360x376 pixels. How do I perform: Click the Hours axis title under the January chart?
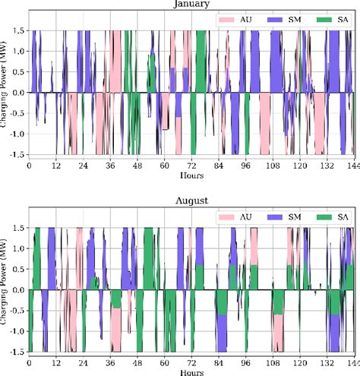tap(191, 174)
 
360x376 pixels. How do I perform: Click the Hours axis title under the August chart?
tap(191, 372)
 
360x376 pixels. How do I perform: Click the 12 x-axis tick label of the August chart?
tap(56, 362)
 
